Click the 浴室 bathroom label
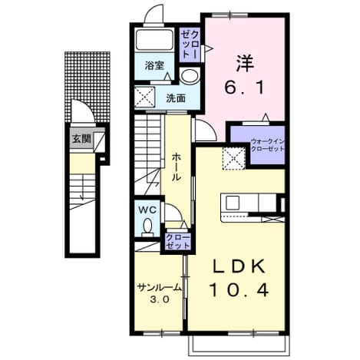[154, 66]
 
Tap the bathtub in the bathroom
[154, 40]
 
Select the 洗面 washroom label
[176, 98]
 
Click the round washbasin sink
[189, 75]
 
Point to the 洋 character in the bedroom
[244, 63]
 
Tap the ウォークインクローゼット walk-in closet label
[267, 145]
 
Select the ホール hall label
[176, 167]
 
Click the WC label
[147, 210]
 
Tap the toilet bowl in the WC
[147, 228]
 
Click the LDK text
[239, 267]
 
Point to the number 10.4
[239, 290]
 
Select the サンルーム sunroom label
[159, 288]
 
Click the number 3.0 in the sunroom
[159, 299]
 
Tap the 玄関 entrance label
[81, 139]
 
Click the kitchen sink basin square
[233, 203]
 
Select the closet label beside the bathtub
[190, 44]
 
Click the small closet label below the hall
[178, 242]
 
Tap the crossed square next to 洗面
[144, 97]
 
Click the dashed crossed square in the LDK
[234, 159]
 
